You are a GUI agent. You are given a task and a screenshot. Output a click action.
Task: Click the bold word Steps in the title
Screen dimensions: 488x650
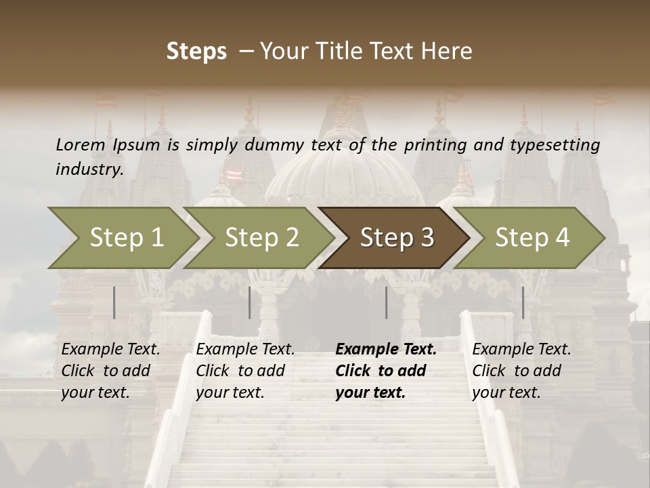pos(196,52)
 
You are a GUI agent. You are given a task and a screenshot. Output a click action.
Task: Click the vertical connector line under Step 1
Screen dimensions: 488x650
pos(114,302)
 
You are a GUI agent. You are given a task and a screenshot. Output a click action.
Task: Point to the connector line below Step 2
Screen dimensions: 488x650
pos(250,302)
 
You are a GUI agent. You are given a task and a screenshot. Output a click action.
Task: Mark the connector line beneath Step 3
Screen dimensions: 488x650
pos(386,302)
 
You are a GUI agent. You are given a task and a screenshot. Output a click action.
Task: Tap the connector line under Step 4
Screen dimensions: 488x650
pos(523,302)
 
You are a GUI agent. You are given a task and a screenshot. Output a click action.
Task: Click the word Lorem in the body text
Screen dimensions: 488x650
pos(81,145)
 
